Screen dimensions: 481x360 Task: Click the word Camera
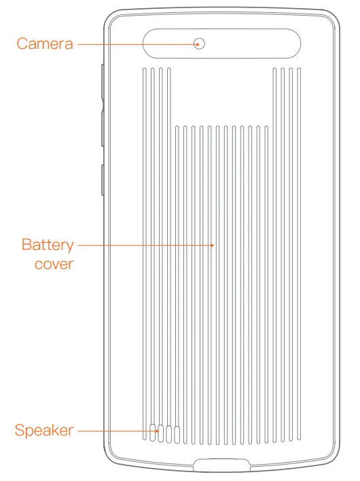click(44, 44)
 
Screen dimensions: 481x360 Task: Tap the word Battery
click(47, 244)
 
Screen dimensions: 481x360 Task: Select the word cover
click(54, 263)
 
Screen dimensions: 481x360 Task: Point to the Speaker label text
click(43, 431)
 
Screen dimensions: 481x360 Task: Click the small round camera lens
click(199, 44)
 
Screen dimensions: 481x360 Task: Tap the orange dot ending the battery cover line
click(213, 244)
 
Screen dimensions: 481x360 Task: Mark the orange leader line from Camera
click(135, 44)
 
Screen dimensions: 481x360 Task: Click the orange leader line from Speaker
click(115, 431)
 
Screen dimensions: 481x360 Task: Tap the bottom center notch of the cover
click(221, 466)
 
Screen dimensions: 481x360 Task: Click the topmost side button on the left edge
click(101, 82)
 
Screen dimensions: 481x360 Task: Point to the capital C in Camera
click(22, 44)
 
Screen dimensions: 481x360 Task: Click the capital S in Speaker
click(19, 431)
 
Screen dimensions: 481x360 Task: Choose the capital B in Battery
click(26, 244)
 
